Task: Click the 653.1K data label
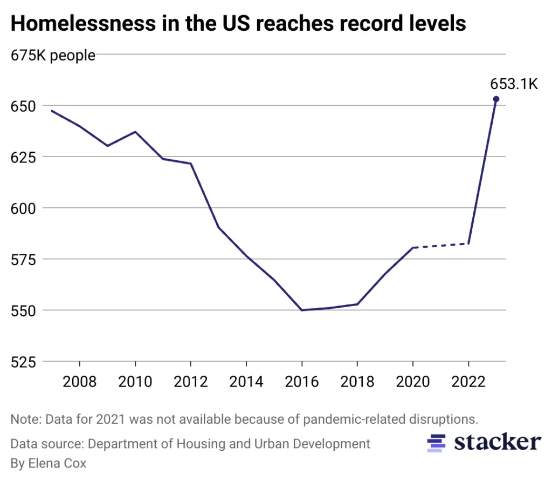[x=514, y=84]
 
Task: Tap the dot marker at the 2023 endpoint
[x=496, y=99]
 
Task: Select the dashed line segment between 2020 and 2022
[x=440, y=246]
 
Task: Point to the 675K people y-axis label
[x=53, y=55]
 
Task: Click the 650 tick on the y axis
[x=23, y=106]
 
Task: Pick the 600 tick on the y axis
[x=23, y=208]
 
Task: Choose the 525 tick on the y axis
[x=23, y=361]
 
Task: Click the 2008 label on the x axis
[x=80, y=382]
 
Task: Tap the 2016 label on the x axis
[x=302, y=382]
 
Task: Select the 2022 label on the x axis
[x=468, y=382]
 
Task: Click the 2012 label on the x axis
[x=191, y=382]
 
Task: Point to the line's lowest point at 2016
[x=302, y=310]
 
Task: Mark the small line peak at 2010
[x=135, y=132]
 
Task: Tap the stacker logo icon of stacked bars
[x=437, y=443]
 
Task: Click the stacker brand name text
[x=496, y=442]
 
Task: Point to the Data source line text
[x=190, y=444]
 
